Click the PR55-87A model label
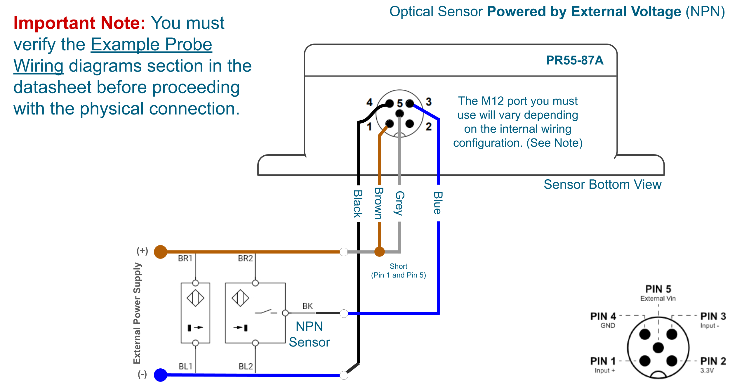coord(574,60)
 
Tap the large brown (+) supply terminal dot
coord(160,252)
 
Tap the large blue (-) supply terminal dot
coord(160,375)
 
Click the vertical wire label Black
coord(358,204)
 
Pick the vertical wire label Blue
coord(438,203)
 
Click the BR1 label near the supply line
coord(185,259)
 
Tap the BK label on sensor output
coord(307,306)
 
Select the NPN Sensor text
coord(309,334)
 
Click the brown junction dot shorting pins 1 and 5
coord(379,252)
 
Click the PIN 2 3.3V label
coord(713,365)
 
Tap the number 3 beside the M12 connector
coord(428,102)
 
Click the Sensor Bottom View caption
coord(602,185)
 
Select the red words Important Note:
coord(79,23)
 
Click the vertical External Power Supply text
coord(137,313)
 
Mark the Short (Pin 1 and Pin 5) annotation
coord(398,270)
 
